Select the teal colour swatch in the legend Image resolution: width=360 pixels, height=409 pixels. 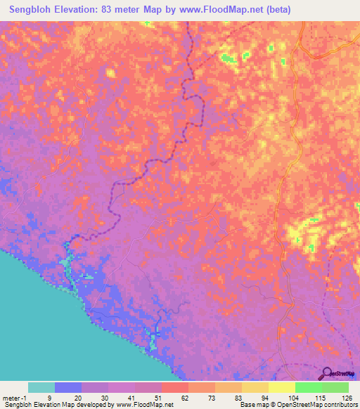click(41, 387)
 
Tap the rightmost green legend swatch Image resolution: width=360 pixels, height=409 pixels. click(335, 387)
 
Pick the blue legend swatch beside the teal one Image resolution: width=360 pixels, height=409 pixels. click(67, 387)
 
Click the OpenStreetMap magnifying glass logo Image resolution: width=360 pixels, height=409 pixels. click(328, 374)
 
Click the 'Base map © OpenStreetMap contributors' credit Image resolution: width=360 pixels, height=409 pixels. click(298, 405)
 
